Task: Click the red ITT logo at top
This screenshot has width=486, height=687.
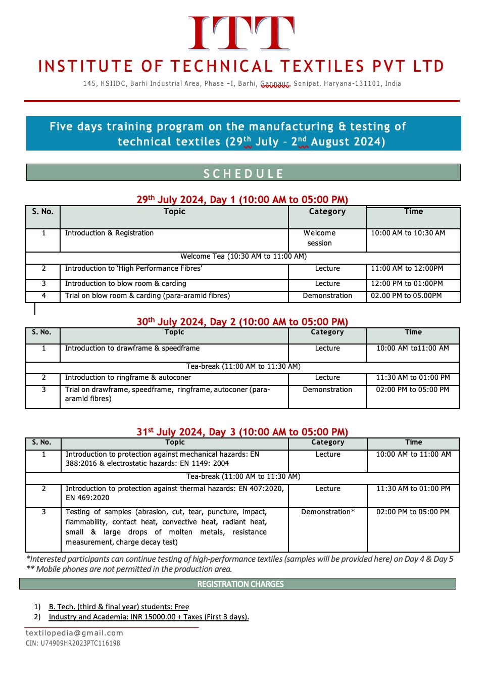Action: coord(241,33)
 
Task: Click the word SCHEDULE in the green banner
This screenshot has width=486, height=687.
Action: coord(243,173)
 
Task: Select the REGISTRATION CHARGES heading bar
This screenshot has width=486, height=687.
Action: coord(240,584)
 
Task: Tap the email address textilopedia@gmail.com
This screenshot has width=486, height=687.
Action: coord(74,633)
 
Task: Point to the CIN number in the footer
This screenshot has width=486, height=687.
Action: coord(73,644)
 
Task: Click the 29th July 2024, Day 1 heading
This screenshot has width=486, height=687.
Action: coord(242,200)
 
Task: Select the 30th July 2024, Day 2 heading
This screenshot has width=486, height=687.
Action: coord(242,322)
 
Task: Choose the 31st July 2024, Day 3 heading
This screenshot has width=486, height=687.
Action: coord(242,432)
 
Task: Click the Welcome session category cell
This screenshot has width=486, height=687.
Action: coord(320,238)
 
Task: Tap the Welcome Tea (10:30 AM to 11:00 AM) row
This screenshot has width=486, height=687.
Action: coord(244,256)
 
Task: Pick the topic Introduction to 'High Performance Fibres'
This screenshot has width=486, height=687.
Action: coord(133,269)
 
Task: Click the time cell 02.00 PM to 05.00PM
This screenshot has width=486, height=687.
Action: coord(406,296)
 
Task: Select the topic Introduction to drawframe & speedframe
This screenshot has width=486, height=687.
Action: coord(132,349)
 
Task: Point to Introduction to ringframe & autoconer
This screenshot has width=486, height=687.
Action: coord(128,378)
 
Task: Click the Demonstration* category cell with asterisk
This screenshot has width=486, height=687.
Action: coord(328,512)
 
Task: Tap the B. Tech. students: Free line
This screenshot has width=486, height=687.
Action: coord(119,607)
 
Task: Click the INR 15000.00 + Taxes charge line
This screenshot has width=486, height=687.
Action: coord(149,617)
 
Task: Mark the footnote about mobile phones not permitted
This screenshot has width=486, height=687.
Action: coord(129,569)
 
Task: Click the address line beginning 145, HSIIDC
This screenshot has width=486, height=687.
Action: coord(242,83)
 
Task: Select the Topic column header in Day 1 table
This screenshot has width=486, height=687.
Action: coord(174,212)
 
